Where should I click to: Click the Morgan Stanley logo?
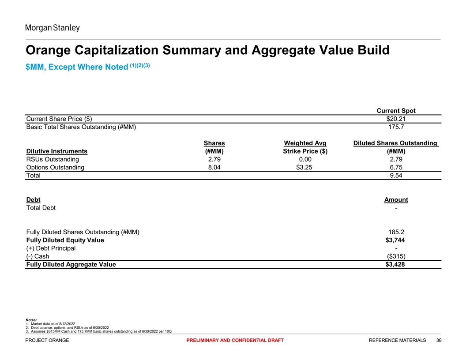[x=52, y=28]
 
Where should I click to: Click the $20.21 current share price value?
[x=396, y=119]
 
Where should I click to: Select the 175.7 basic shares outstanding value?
[x=396, y=127]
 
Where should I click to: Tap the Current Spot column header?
[x=396, y=111]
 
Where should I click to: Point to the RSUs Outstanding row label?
[x=53, y=159]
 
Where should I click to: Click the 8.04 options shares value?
[x=214, y=168]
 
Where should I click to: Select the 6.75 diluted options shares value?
[x=396, y=168]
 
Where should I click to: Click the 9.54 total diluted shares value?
[x=396, y=176]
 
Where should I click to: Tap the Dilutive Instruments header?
[x=57, y=151]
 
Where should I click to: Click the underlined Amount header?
[x=396, y=200]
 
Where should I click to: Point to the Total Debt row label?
[x=41, y=208]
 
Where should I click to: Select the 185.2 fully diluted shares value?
[x=396, y=232]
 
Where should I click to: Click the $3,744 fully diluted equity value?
[x=396, y=240]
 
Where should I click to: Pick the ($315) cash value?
[x=396, y=256]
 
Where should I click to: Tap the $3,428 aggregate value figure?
[x=396, y=265]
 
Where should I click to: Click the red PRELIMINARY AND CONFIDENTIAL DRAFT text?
[x=235, y=340]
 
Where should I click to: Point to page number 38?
[x=438, y=340]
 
